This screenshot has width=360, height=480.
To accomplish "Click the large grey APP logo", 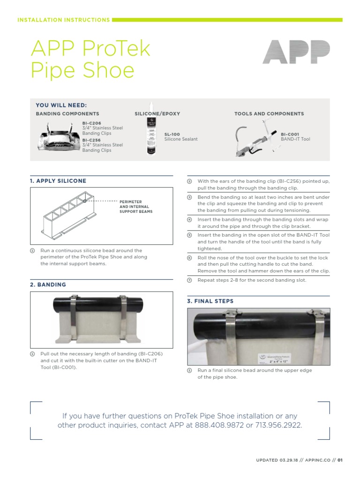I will coord(296,52).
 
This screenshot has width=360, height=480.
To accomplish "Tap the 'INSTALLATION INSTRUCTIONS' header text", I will coord(63,20).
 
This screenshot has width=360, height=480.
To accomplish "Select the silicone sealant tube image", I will coord(152,133).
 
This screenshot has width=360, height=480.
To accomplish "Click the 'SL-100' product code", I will coord(172,134).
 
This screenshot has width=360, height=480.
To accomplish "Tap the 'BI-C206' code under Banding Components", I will coord(91,123).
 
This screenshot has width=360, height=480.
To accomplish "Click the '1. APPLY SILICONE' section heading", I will coord(58,181).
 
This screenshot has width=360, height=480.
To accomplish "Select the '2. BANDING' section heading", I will coord(48,285).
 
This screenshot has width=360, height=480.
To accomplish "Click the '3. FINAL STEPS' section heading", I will coord(210,301).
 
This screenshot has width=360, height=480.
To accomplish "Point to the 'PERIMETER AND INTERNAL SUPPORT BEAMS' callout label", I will coord(136,207).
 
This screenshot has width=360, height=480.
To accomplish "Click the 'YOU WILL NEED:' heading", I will coord(61,105).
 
